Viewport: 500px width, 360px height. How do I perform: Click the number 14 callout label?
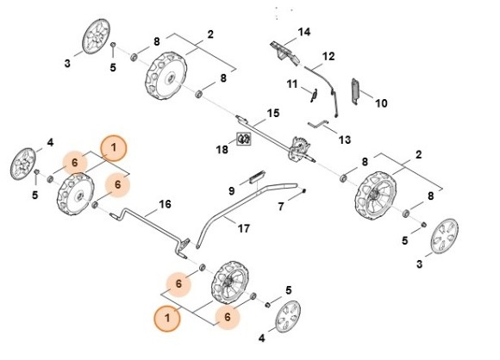[304, 32]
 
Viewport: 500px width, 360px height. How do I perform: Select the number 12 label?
[328, 56]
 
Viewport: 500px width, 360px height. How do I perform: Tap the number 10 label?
[381, 103]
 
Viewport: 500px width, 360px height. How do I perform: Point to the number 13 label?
[344, 140]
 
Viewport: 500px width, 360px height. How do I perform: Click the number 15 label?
[273, 113]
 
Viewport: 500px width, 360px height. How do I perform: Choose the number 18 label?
[222, 149]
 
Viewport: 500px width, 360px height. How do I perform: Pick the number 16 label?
[165, 204]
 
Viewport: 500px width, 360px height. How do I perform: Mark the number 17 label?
[244, 228]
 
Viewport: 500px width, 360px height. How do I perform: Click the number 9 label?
[232, 191]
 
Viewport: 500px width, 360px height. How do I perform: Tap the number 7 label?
[281, 207]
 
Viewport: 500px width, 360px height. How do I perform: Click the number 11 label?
[292, 84]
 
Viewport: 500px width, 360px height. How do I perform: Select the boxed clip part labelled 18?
[244, 139]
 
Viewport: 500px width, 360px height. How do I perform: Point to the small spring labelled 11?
[314, 95]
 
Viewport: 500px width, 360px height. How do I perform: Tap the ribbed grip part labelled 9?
[257, 177]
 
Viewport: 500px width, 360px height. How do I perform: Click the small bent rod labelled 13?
[318, 124]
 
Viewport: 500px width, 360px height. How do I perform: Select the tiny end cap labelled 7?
[304, 190]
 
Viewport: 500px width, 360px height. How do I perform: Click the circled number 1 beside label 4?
[114, 148]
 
